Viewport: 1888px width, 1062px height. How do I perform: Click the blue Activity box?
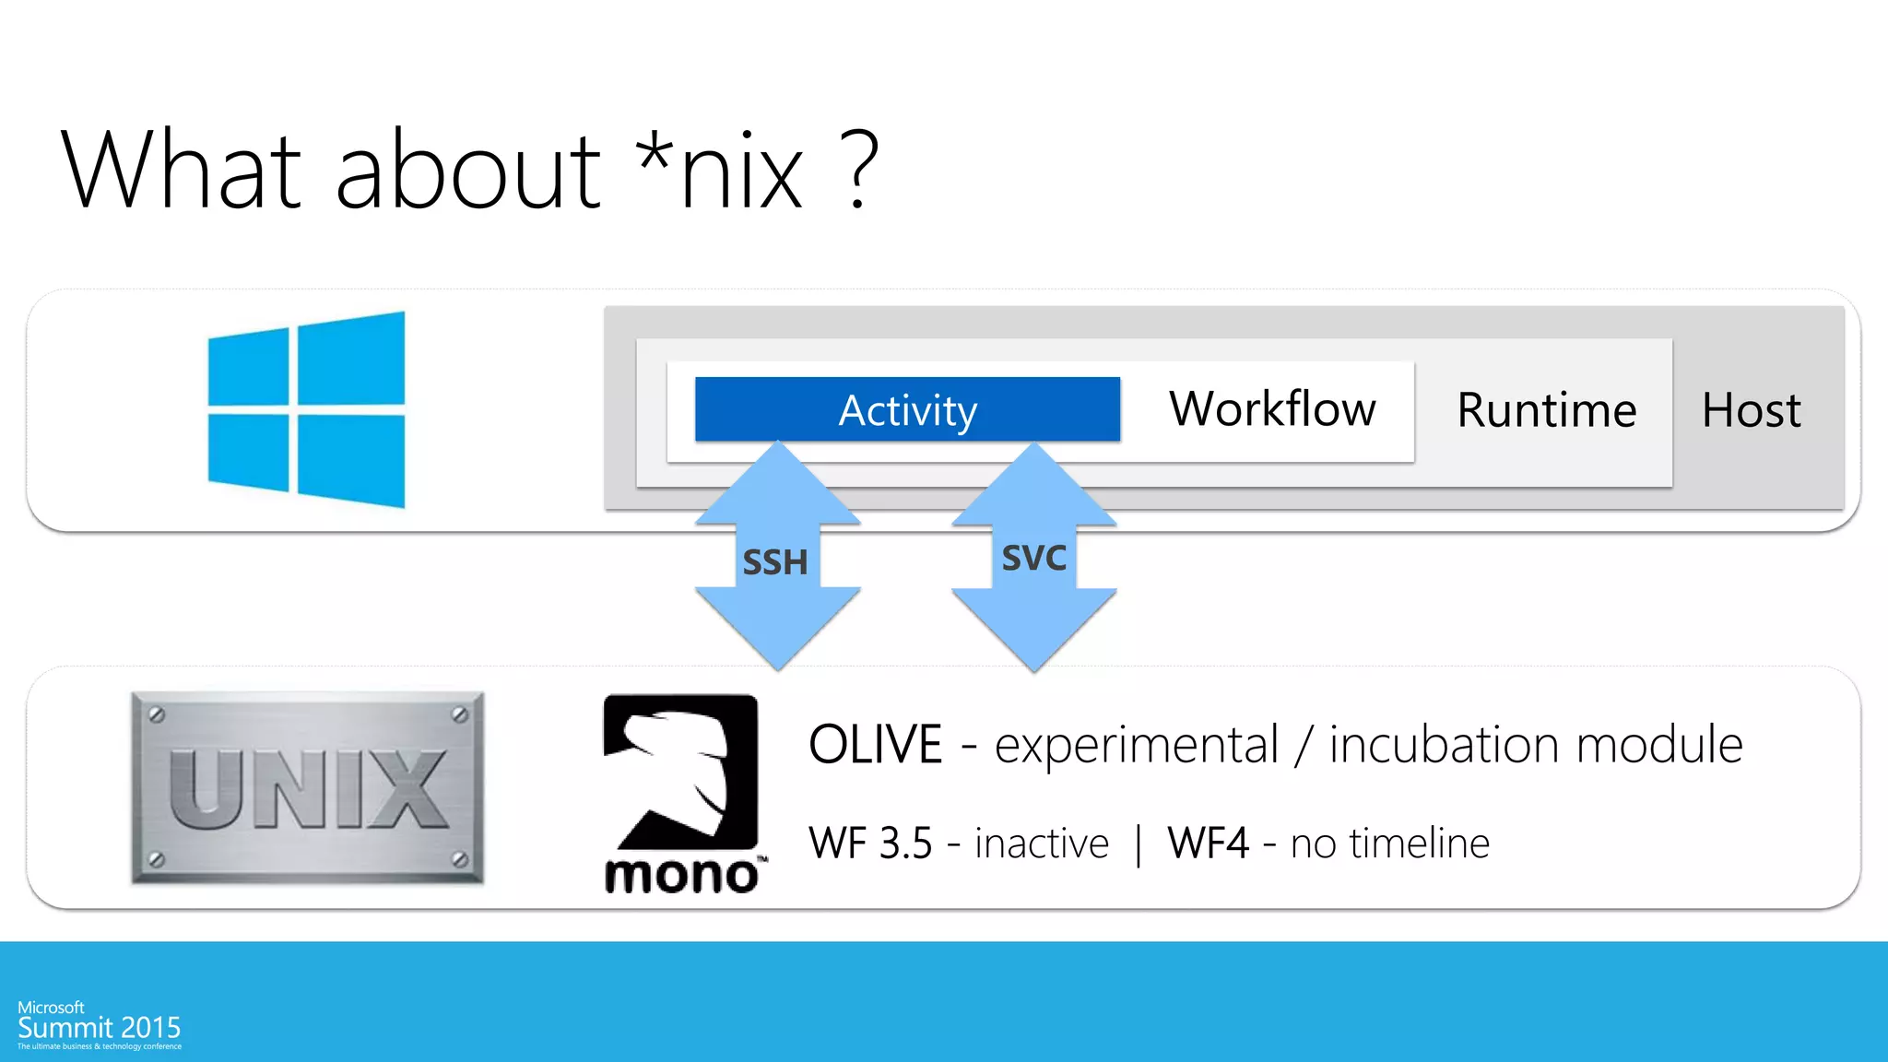point(907,409)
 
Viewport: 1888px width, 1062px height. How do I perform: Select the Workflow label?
point(1272,409)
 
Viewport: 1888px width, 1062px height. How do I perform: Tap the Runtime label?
point(1546,410)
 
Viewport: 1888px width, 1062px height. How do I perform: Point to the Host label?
point(1751,410)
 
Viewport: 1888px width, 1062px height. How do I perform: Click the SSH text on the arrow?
point(775,562)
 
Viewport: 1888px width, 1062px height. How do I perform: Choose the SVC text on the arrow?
point(1033,558)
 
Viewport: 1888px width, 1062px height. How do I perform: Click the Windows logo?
point(306,409)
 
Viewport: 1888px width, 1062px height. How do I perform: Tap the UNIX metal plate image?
point(307,787)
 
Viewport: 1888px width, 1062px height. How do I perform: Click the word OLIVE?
point(875,745)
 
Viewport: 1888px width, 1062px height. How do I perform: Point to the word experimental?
point(1136,745)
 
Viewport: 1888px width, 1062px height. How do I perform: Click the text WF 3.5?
point(870,844)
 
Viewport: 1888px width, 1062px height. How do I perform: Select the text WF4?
point(1208,844)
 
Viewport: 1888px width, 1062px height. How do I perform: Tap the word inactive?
point(1041,844)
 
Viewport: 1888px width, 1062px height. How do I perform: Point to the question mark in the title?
point(857,171)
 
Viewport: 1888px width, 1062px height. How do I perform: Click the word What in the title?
point(181,171)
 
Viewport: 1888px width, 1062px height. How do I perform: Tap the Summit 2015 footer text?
point(100,1028)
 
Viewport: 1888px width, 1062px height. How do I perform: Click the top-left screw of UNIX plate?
point(157,714)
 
